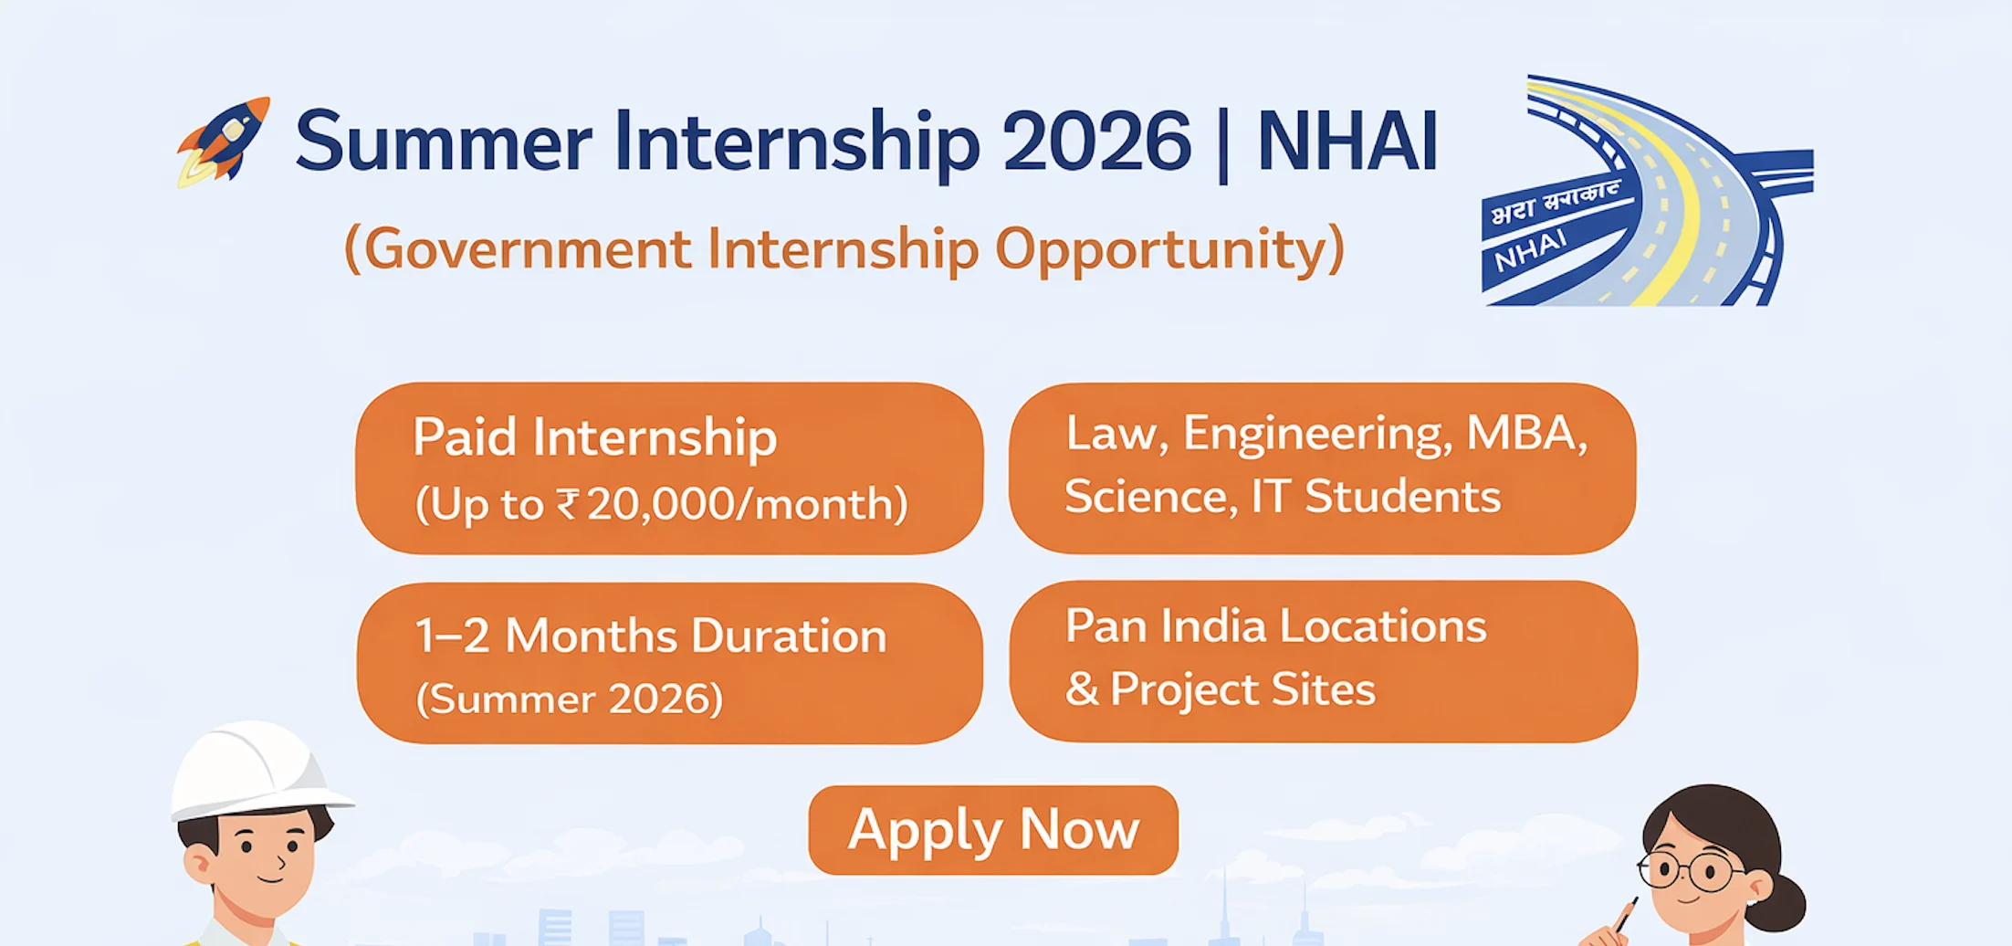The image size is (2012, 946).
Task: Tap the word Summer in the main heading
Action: pyautogui.click(x=444, y=142)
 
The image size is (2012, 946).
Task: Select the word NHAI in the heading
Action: pyautogui.click(x=1347, y=142)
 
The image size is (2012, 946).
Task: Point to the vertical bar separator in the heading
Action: pyautogui.click(x=1223, y=144)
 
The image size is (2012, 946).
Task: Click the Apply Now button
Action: pyautogui.click(x=993, y=830)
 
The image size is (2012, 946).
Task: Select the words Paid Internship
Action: pyautogui.click(x=594, y=436)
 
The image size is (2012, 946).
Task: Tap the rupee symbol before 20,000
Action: pyautogui.click(x=567, y=503)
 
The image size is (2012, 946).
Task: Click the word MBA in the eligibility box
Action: pyautogui.click(x=1525, y=433)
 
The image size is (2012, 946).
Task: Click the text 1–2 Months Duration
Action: pyautogui.click(x=650, y=636)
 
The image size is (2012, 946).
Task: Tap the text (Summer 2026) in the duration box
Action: pyautogui.click(x=570, y=699)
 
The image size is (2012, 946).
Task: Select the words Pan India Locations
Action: pyautogui.click(x=1275, y=626)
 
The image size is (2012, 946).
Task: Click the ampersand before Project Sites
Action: pyautogui.click(x=1082, y=689)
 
